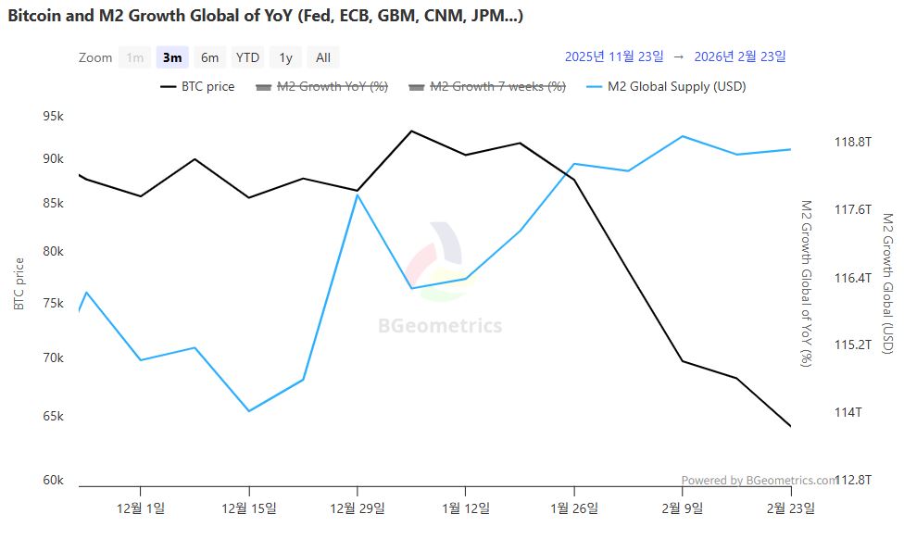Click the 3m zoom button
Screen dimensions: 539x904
(172, 57)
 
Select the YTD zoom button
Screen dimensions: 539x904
(247, 57)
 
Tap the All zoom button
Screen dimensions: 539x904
(322, 57)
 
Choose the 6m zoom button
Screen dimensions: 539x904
(210, 57)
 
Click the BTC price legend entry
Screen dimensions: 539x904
(197, 86)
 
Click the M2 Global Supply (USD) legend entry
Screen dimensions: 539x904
(666, 86)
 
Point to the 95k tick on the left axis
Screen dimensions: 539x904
(53, 117)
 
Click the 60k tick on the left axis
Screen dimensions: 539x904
(53, 480)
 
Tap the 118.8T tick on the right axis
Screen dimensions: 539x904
(853, 142)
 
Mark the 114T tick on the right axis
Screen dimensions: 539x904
(847, 412)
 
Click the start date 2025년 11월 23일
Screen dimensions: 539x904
(614, 56)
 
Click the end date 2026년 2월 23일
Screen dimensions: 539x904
(739, 56)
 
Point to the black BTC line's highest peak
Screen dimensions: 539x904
(411, 131)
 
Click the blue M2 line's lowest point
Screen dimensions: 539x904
(248, 411)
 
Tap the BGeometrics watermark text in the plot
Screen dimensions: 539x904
(440, 326)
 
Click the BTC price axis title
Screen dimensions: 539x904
(19, 283)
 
